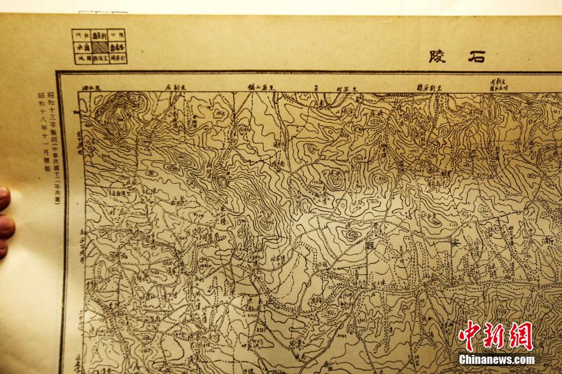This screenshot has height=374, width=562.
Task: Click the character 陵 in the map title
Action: point(438,57)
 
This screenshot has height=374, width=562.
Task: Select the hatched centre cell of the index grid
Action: point(99,47)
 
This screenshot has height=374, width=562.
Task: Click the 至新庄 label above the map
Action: point(176,87)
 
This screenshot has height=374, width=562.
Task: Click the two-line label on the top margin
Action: point(498,84)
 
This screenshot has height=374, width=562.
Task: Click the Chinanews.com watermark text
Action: point(496,360)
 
